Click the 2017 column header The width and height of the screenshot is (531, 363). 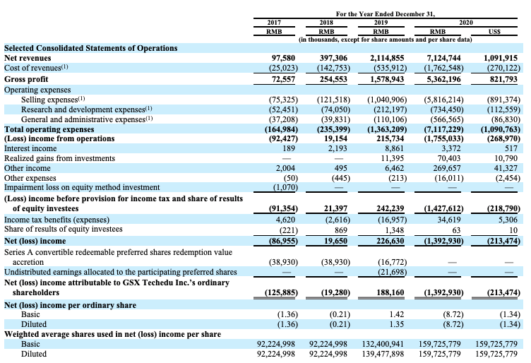274,23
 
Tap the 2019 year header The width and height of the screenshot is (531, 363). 381,23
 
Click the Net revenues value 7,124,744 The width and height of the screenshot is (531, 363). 443,58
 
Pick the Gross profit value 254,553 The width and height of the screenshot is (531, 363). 333,79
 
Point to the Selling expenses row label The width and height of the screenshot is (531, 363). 53,100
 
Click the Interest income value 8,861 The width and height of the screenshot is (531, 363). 394,148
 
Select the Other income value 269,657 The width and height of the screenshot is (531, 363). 447,168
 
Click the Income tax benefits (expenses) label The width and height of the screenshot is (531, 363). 57,220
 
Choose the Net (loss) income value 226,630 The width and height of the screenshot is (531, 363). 390,241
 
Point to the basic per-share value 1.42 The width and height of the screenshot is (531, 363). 397,314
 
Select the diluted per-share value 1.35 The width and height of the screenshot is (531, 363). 397,324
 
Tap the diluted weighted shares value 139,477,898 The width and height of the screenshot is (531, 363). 383,354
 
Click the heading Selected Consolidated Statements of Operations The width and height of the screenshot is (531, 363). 91,48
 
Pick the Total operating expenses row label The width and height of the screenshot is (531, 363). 49,129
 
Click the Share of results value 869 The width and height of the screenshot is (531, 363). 340,230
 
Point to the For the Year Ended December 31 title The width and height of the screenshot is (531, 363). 386,14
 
